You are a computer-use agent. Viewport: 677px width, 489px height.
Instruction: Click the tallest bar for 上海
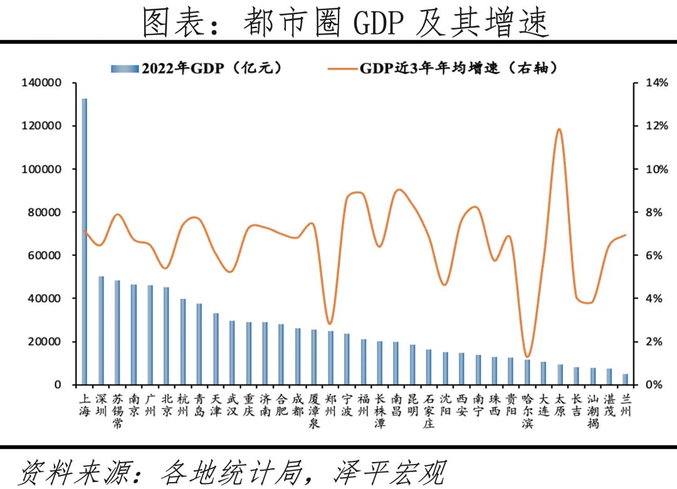(85, 241)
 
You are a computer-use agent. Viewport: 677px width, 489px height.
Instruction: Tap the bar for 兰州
(625, 379)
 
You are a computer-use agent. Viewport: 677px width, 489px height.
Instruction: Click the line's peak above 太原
(559, 130)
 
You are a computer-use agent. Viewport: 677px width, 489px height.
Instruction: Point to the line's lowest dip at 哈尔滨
(527, 356)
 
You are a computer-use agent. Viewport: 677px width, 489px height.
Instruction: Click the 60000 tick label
(46, 255)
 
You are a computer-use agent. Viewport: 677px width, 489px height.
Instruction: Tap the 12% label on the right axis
(657, 126)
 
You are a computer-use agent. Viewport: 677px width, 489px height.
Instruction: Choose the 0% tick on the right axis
(654, 384)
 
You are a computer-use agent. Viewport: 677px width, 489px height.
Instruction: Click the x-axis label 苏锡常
(117, 411)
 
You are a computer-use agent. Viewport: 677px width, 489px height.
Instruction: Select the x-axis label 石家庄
(429, 411)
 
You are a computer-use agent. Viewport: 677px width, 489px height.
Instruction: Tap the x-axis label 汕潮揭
(592, 411)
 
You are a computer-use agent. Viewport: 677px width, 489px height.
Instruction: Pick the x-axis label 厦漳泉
(314, 411)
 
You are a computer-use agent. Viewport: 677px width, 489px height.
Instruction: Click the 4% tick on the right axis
(654, 298)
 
